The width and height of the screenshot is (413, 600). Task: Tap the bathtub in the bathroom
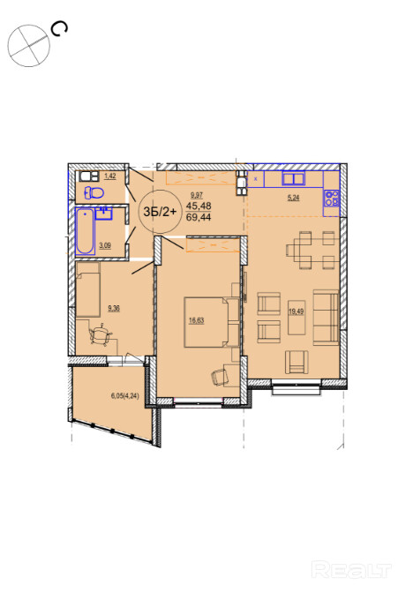point(85,231)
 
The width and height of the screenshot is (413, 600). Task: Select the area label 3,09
point(105,245)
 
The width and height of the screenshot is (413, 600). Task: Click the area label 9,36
point(114,308)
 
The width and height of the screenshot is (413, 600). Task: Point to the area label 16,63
point(197,320)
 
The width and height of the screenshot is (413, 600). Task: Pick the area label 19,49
point(296,311)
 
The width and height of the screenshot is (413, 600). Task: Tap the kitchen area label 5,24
point(293,198)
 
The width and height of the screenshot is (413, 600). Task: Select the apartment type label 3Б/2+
point(161,212)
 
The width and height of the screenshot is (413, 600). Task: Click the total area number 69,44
point(199,218)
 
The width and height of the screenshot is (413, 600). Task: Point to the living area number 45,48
point(199,206)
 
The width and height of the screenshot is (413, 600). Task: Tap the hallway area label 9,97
point(197,196)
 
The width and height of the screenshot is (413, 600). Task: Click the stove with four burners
point(332,199)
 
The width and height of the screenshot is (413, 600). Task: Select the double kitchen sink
point(293,179)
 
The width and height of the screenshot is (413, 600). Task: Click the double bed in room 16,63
point(212,322)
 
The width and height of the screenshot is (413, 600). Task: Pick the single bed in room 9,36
point(88,289)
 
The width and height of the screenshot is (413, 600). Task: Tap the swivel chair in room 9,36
point(101,335)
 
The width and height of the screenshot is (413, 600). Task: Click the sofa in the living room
point(327,318)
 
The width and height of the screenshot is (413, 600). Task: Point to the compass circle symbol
point(29,46)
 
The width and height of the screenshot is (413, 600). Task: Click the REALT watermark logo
point(351,570)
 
